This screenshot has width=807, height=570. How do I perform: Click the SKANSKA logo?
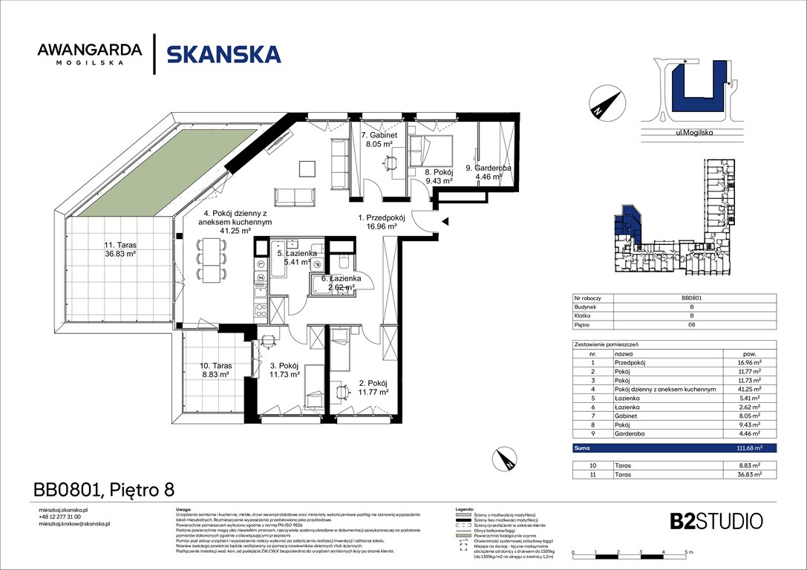click(x=223, y=54)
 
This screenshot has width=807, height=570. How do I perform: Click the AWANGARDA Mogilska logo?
click(x=90, y=54)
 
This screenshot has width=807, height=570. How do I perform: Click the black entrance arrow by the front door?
click(x=445, y=221)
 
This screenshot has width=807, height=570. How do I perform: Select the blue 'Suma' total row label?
click(x=582, y=448)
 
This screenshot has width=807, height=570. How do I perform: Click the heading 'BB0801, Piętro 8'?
click(x=105, y=489)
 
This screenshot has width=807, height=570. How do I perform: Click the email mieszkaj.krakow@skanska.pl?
click(x=73, y=524)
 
